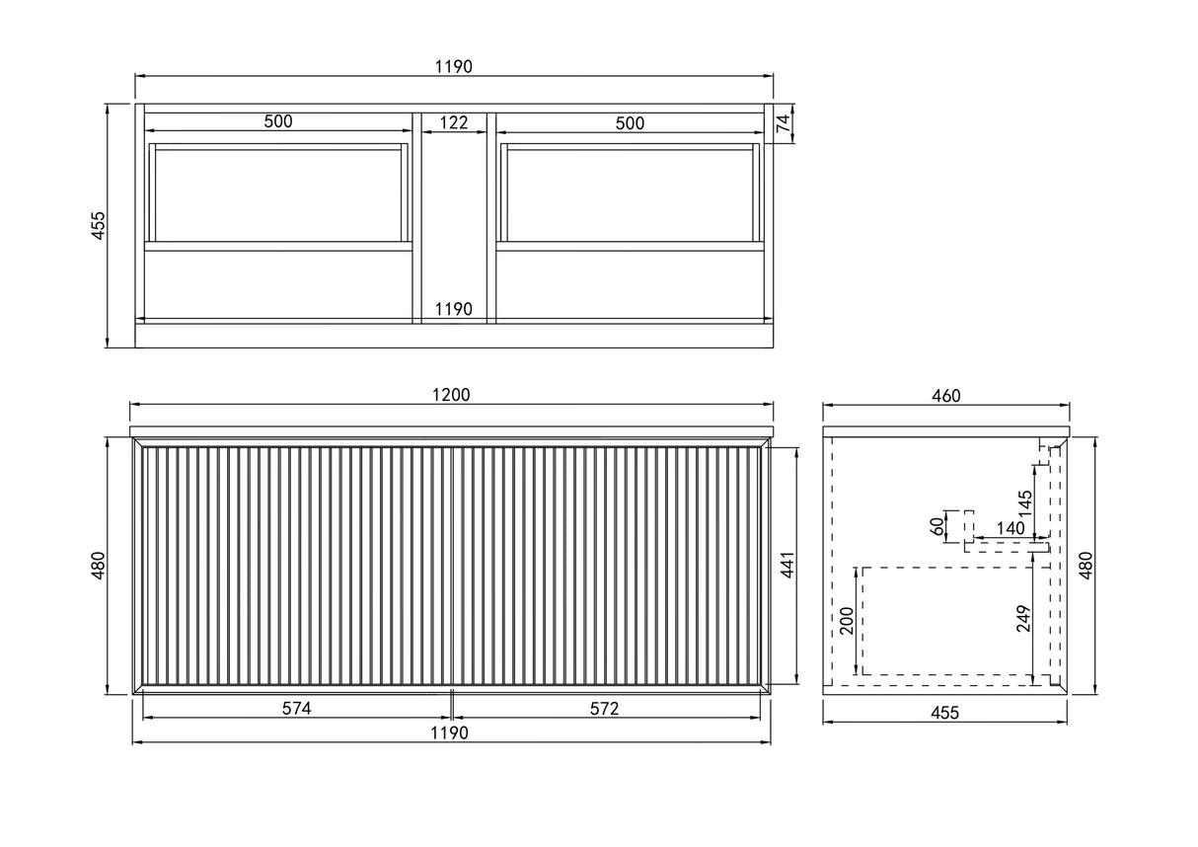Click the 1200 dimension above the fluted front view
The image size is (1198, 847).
click(x=453, y=394)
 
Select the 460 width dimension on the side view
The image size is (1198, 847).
click(x=945, y=396)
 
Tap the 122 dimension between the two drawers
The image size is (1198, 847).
click(x=454, y=122)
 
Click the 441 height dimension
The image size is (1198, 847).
click(x=787, y=566)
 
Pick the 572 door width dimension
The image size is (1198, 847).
click(x=604, y=708)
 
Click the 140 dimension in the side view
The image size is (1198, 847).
click(x=1010, y=529)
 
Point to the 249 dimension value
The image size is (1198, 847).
click(x=1024, y=618)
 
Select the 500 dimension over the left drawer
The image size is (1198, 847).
click(x=278, y=122)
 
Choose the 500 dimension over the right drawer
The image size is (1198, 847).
click(x=630, y=123)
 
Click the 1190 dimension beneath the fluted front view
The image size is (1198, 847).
click(x=450, y=732)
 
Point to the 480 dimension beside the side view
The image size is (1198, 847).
click(x=1085, y=566)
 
